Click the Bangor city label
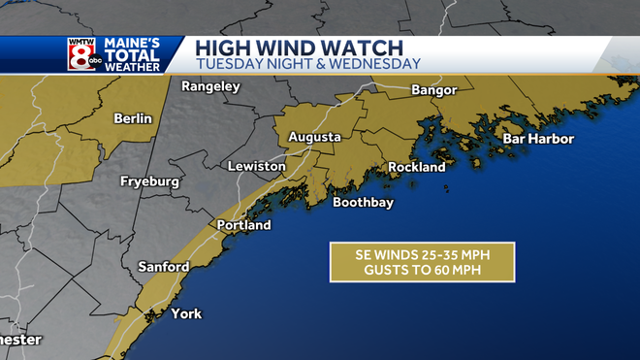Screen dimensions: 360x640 click(x=433, y=91)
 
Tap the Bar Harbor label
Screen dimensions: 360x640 click(x=538, y=139)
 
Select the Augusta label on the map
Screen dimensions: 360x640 click(x=315, y=138)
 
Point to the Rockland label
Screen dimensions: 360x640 click(x=416, y=167)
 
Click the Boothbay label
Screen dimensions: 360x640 click(x=363, y=203)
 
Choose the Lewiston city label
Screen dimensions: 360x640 click(x=256, y=167)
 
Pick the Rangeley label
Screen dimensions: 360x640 click(x=210, y=86)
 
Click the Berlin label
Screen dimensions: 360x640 click(x=133, y=118)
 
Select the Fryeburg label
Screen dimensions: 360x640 click(x=151, y=181)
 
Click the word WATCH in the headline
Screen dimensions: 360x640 click(x=352, y=47)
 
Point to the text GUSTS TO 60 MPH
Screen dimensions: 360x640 click(x=421, y=270)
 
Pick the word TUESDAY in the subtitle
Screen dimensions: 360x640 click(x=229, y=64)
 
